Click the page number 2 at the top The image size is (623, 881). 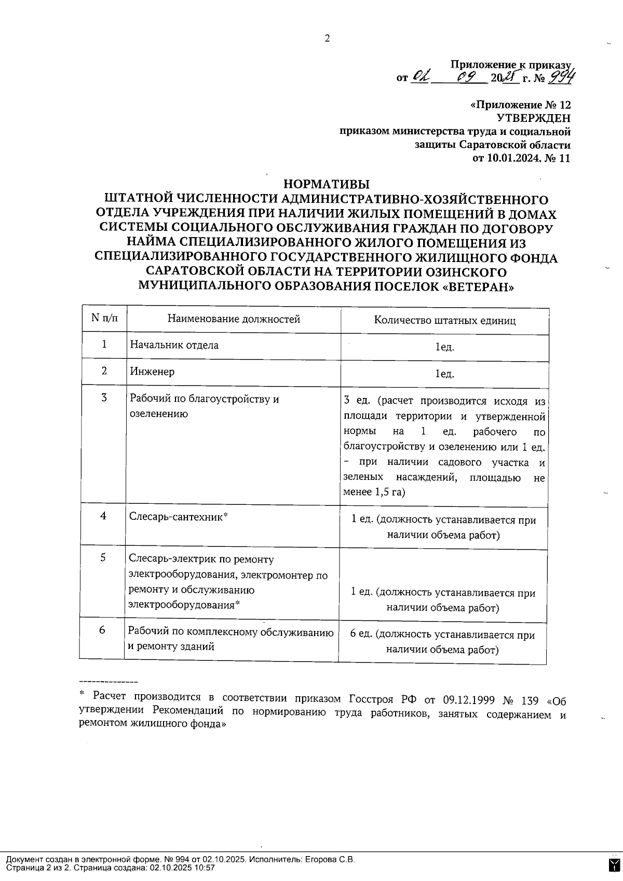(327, 38)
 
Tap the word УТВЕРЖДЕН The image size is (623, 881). (533, 118)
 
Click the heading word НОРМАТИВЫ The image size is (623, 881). (327, 184)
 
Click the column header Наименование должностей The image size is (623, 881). (234, 319)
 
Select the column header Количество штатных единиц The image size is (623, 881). (445, 320)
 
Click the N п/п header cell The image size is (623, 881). (104, 318)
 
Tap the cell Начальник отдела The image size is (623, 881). (174, 345)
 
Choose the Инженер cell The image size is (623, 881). (152, 371)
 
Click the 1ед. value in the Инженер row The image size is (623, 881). (445, 374)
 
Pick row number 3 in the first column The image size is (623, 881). (104, 398)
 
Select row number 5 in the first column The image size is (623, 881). (103, 557)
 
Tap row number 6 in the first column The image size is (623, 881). (102, 630)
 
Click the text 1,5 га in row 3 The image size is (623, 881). (389, 492)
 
